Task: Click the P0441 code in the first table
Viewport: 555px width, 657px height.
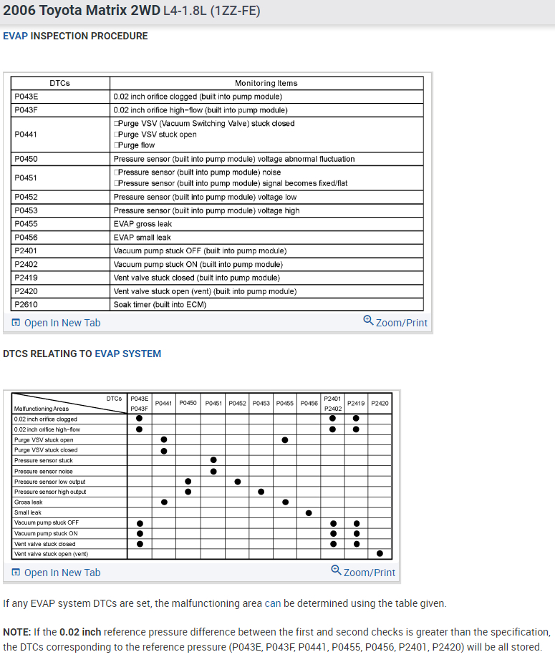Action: [x=26, y=134]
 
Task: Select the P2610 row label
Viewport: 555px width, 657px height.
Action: [x=26, y=304]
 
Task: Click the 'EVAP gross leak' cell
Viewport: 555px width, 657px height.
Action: [x=143, y=224]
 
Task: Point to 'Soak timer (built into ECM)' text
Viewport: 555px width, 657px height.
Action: [x=160, y=304]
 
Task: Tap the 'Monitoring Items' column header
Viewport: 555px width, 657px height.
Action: [x=266, y=83]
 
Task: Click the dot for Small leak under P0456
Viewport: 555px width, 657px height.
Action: [x=309, y=512]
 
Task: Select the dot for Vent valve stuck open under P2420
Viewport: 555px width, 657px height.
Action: [x=380, y=553]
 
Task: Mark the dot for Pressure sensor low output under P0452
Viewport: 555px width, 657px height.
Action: [x=237, y=482]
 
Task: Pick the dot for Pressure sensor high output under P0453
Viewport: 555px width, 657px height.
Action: [x=261, y=492]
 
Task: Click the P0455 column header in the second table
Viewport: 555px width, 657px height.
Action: [x=285, y=404]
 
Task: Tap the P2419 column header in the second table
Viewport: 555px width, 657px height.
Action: [x=356, y=404]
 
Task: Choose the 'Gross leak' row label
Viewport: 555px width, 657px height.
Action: [x=29, y=502]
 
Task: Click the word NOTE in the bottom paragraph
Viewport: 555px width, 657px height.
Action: [x=16, y=633]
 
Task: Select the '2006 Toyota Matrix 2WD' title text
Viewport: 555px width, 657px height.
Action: [x=73, y=11]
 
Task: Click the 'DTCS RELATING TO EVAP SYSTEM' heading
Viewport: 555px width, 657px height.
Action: [x=82, y=354]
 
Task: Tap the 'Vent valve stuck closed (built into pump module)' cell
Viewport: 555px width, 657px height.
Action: [x=196, y=278]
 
